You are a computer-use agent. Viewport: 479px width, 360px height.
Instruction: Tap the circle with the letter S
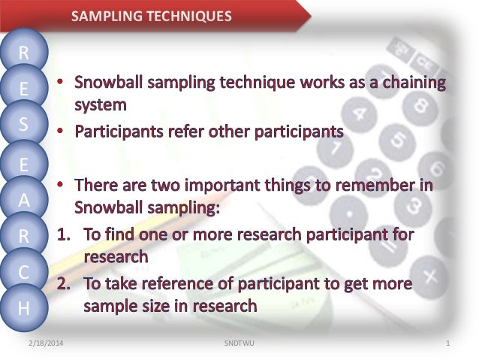[x=24, y=126]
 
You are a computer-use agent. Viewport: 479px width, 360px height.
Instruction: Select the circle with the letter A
[x=24, y=199]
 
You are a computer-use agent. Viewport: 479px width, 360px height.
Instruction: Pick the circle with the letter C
[x=24, y=273]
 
